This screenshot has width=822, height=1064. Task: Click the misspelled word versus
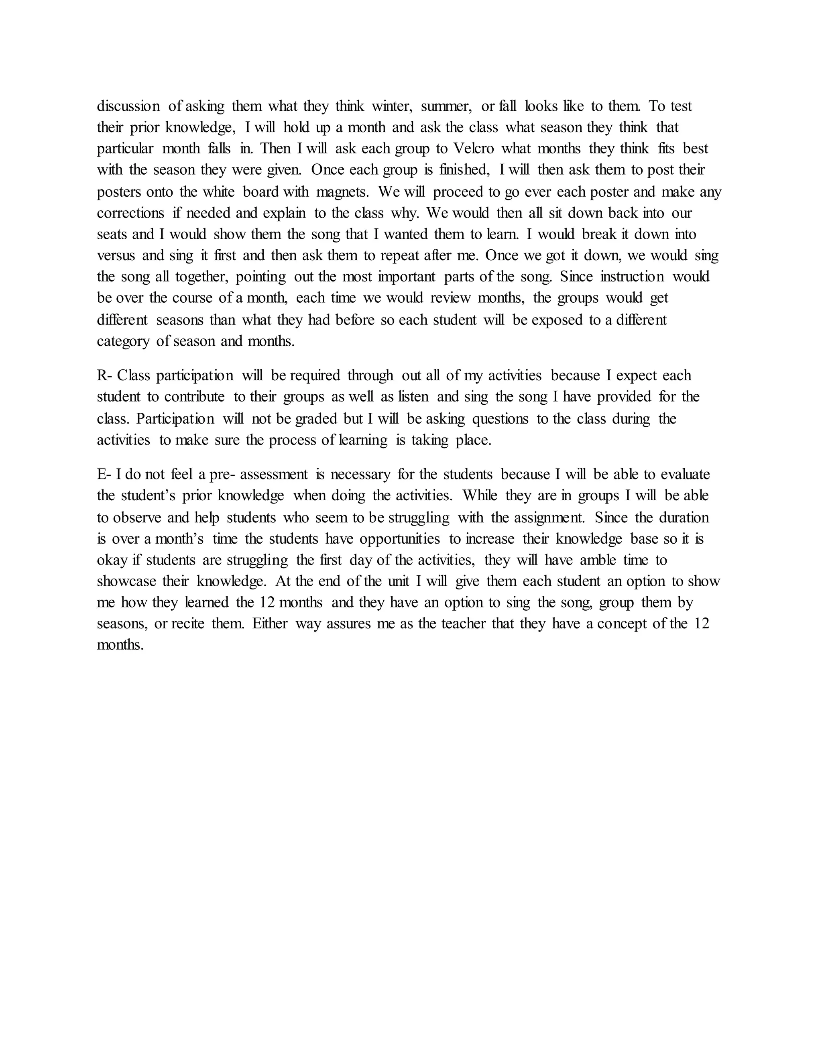coord(116,256)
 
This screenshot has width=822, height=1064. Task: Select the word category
coord(123,341)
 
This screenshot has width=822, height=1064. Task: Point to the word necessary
coord(360,475)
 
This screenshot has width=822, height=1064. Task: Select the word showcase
coord(126,582)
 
